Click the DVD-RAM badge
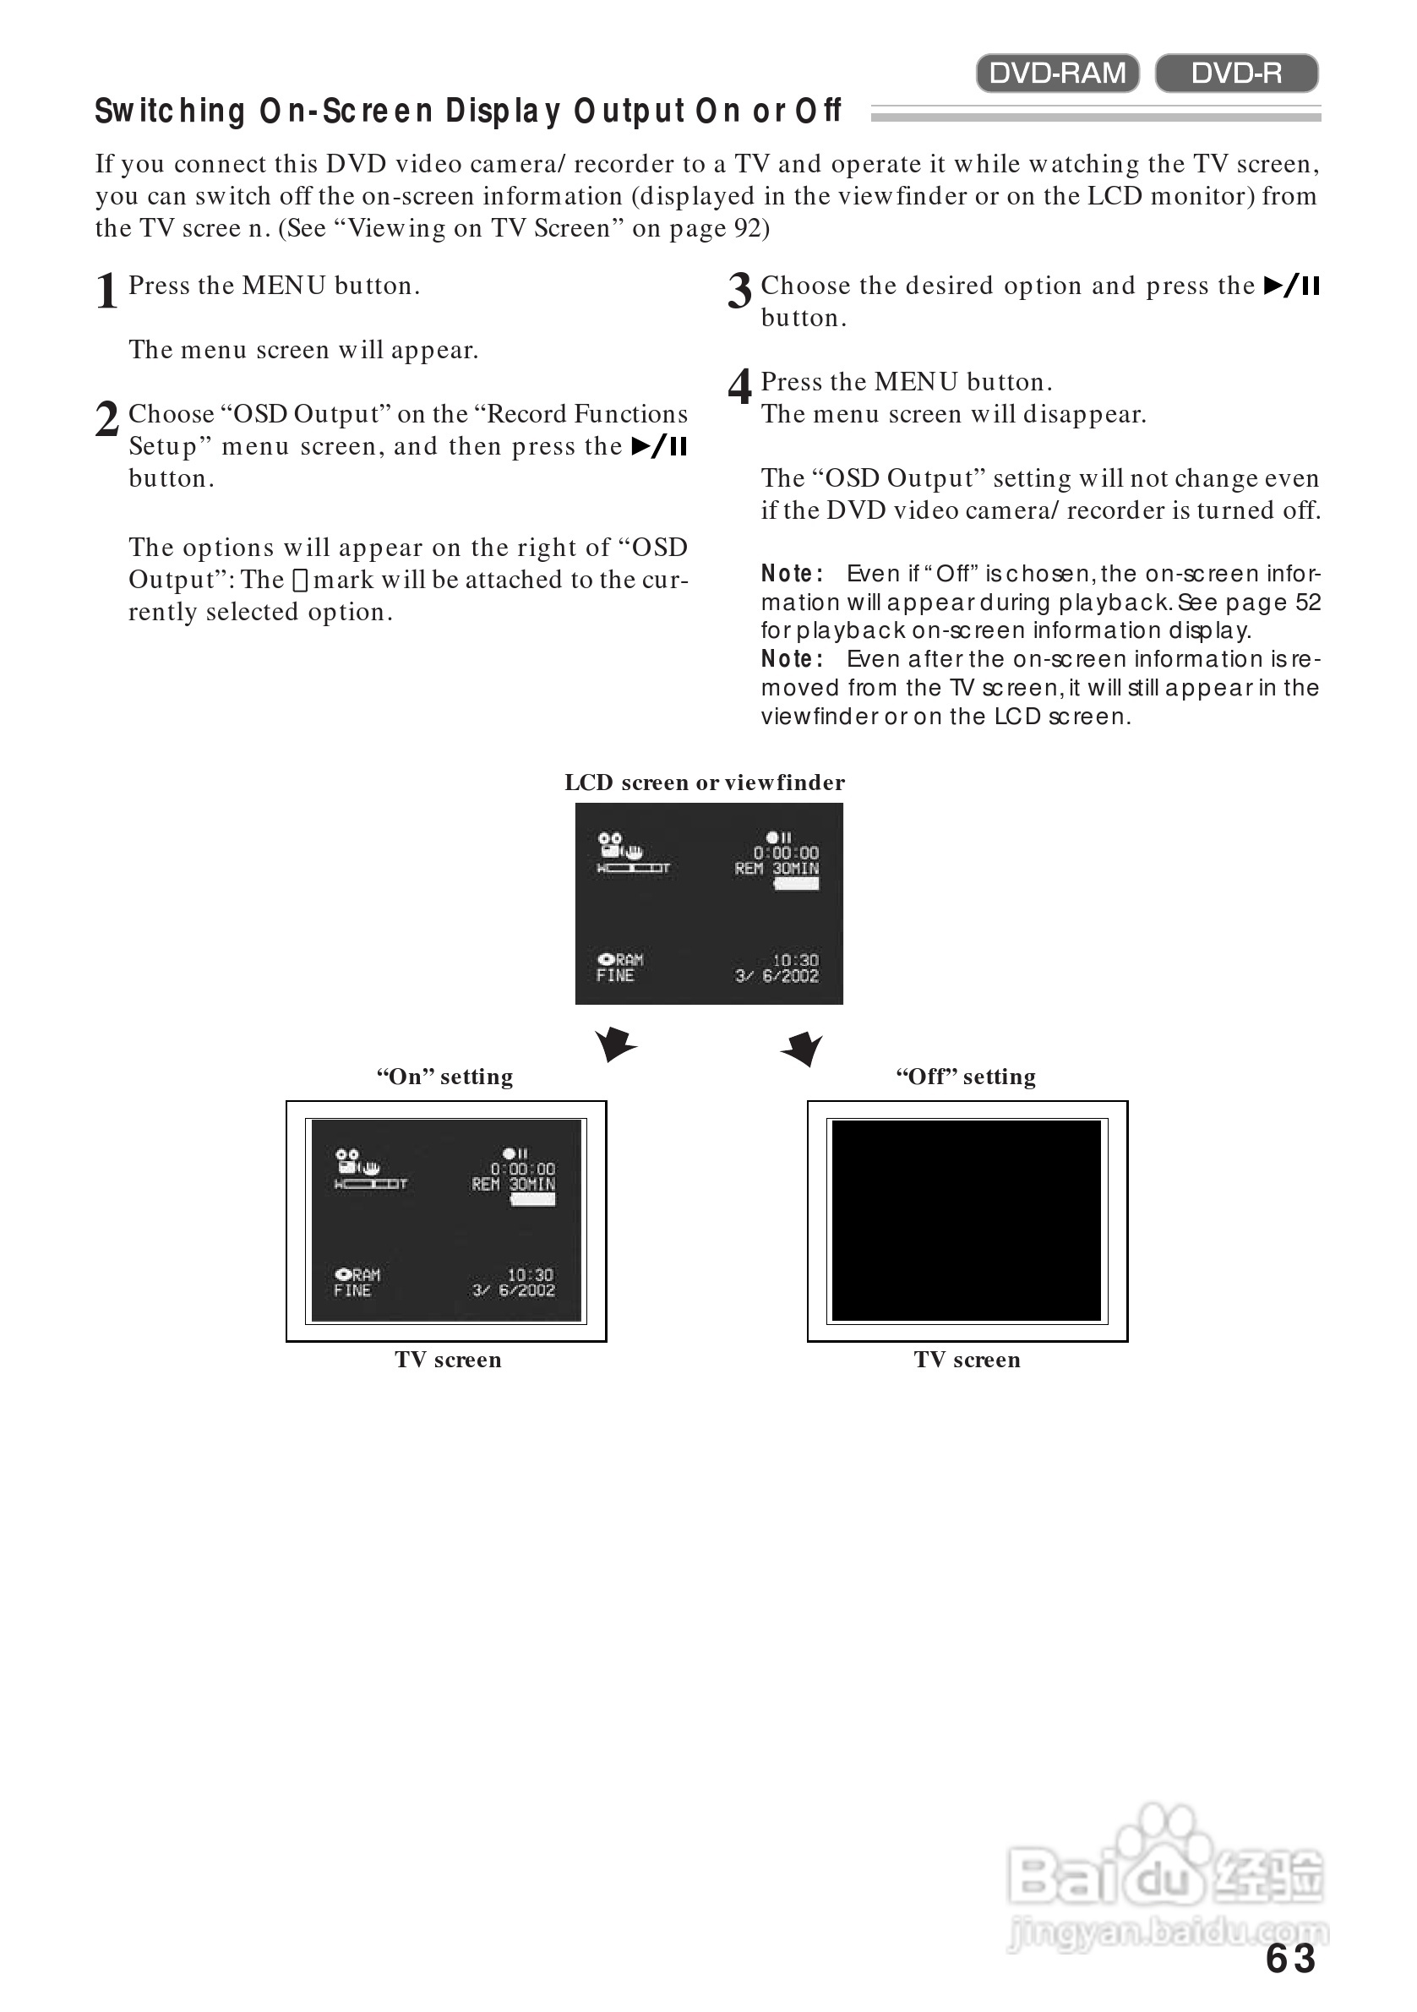coord(1057,73)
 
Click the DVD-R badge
coord(1235,73)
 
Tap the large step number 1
coord(107,291)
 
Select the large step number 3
coord(738,291)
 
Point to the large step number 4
coord(738,386)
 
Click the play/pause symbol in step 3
coord(1292,286)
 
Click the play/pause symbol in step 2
coord(659,446)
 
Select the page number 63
coord(1290,1960)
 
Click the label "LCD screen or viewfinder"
coord(705,782)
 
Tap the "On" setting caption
coord(445,1076)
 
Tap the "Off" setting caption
coord(966,1076)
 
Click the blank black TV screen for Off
coord(966,1220)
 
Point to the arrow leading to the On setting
coord(615,1044)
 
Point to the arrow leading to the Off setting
coord(803,1047)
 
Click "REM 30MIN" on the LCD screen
coord(777,869)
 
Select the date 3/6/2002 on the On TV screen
coord(514,1290)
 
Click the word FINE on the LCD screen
coord(615,975)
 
